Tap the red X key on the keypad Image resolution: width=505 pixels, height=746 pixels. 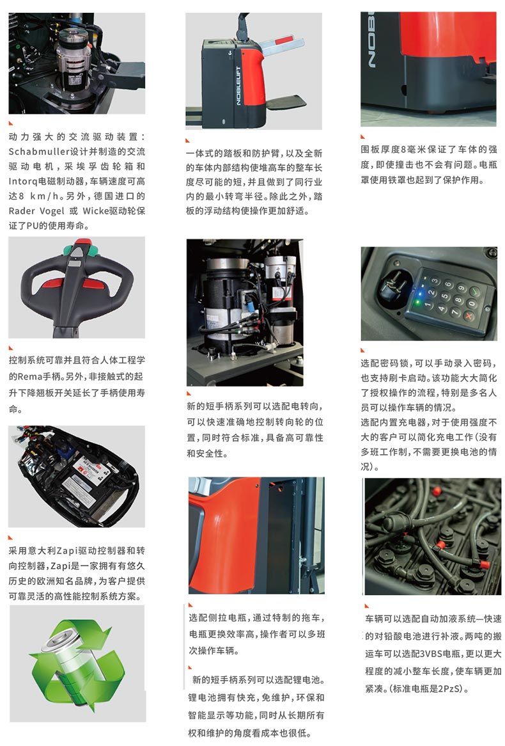click(469, 316)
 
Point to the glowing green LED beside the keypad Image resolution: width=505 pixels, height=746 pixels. click(418, 301)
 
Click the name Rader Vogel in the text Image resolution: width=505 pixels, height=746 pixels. click(36, 211)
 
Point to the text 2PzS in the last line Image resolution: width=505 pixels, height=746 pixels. click(448, 688)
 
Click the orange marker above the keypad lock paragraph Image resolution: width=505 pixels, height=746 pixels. click(363, 351)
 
